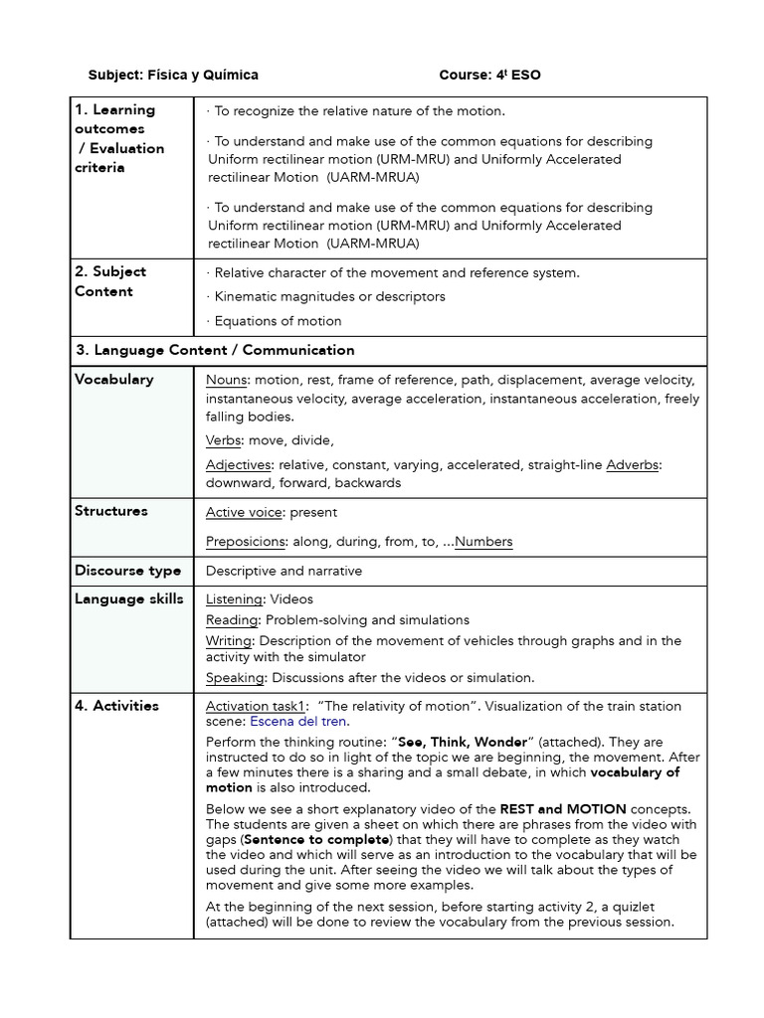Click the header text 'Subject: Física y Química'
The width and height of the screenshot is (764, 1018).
click(173, 75)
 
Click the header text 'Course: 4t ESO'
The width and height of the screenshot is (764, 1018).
click(489, 75)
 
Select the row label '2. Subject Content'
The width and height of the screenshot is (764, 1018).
click(110, 281)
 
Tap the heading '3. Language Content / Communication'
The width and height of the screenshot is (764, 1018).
click(215, 350)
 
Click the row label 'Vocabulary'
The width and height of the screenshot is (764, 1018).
click(113, 379)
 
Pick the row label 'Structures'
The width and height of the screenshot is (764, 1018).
click(110, 511)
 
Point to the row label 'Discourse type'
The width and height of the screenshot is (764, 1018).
click(127, 571)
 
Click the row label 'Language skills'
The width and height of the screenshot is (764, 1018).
click(128, 598)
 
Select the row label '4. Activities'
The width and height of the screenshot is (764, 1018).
click(116, 706)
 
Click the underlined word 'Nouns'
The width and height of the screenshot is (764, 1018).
click(227, 380)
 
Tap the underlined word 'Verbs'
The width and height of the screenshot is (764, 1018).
click(224, 440)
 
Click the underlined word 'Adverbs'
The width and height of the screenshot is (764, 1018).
click(634, 464)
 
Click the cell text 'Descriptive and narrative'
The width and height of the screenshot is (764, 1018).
click(284, 571)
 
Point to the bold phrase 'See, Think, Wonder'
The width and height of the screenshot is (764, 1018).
click(461, 743)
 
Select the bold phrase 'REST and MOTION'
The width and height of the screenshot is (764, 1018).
click(563, 809)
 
